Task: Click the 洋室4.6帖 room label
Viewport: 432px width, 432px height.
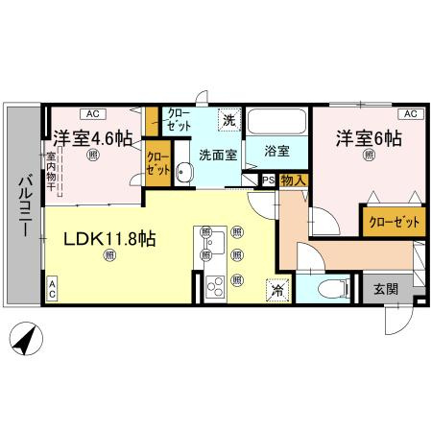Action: coord(92,137)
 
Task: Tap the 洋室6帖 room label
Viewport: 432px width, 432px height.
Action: coord(368,137)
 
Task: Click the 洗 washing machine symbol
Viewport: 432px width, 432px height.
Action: coord(228,120)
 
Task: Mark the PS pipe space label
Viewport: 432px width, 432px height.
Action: coord(267,180)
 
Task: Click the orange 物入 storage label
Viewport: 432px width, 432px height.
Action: coord(293,180)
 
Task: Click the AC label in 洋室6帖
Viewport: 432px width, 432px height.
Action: coord(408,114)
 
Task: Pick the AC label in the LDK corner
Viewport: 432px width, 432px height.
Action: coord(52,289)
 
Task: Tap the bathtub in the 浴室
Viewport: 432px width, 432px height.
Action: coord(276,124)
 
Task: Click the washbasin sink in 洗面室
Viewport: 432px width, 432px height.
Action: coord(186,173)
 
